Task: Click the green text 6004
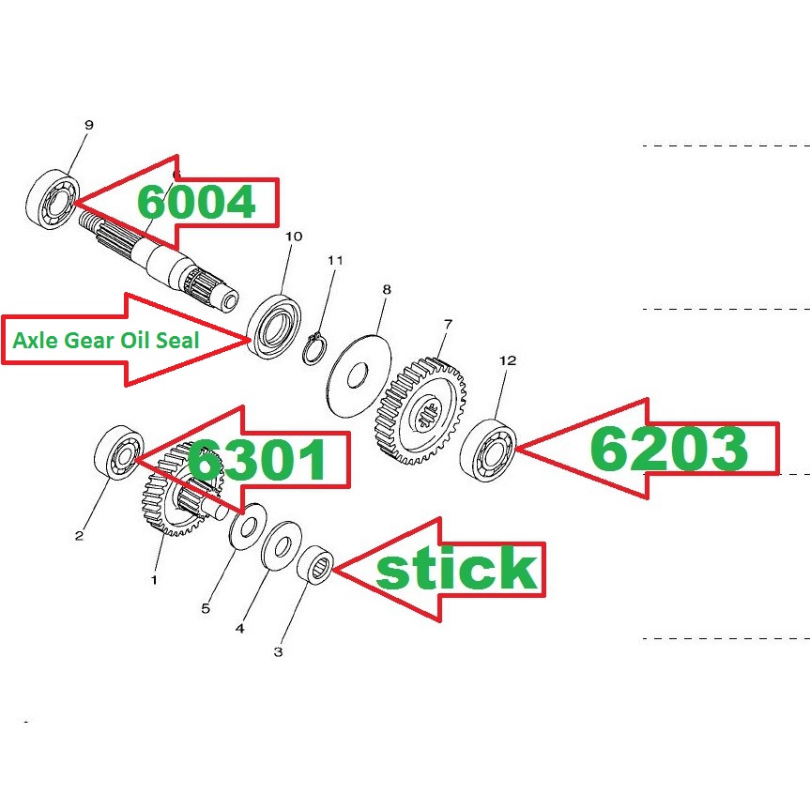click(x=196, y=202)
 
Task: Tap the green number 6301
click(x=257, y=461)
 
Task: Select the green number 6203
click(x=668, y=451)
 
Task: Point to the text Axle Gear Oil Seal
click(x=105, y=341)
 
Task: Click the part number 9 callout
click(x=89, y=125)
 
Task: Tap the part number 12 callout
click(x=508, y=360)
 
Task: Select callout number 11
click(x=335, y=260)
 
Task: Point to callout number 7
click(x=448, y=324)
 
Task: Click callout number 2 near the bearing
click(x=79, y=536)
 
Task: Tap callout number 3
click(x=278, y=650)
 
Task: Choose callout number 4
click(x=240, y=628)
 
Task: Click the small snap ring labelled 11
click(x=316, y=348)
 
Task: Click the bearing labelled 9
click(x=52, y=200)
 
